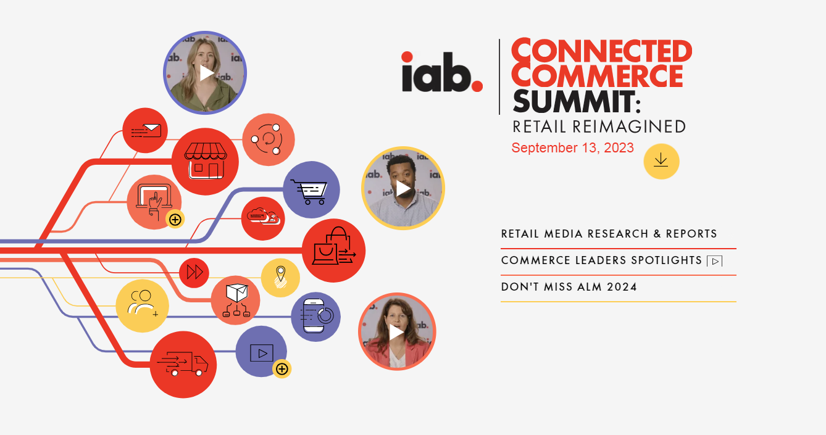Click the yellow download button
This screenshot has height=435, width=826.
pos(661,161)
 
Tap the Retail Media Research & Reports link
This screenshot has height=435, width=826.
pos(609,234)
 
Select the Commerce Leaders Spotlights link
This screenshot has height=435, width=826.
pos(601,260)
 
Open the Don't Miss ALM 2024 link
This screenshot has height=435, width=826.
pos(569,287)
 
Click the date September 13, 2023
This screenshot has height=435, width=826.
pos(572,148)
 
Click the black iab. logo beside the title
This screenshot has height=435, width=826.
pos(442,72)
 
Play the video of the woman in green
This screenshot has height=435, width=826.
pos(205,73)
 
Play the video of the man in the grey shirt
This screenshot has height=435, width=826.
pos(403,188)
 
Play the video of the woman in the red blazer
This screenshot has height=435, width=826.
pos(397,331)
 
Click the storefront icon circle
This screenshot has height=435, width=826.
pos(205,162)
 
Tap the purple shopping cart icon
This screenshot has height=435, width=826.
pos(311,189)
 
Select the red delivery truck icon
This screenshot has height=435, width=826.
pos(183,364)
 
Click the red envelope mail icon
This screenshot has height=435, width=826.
pos(145,130)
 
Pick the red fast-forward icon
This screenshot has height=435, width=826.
pos(194,273)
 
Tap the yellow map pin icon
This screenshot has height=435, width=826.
pos(280,278)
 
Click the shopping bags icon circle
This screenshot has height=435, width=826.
pos(334,251)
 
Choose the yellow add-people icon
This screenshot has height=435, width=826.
pos(143,306)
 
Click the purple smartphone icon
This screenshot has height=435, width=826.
pos(315,317)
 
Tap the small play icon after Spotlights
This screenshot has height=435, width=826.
pos(715,261)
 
